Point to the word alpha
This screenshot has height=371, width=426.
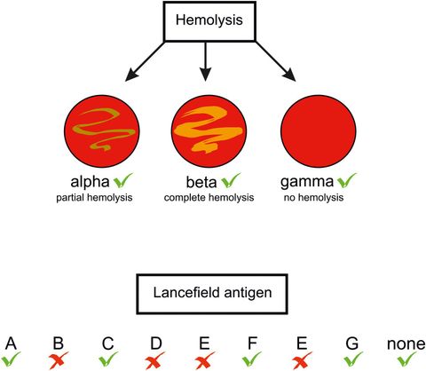click(87, 181)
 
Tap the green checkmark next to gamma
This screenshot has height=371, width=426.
click(349, 180)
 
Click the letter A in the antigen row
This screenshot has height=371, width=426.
click(11, 343)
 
